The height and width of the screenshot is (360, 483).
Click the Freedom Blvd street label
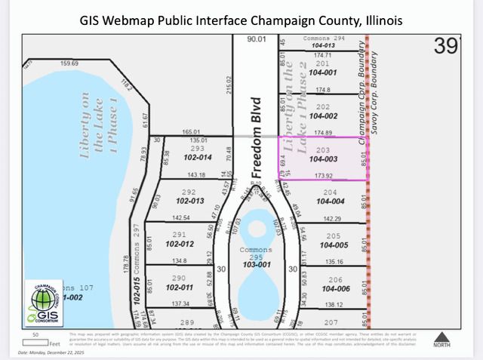(x=255, y=137)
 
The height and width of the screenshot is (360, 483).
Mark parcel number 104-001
(x=323, y=72)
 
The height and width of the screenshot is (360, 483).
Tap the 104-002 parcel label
(x=323, y=116)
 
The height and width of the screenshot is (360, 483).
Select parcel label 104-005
(x=333, y=245)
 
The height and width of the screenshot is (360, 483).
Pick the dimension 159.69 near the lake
(x=70, y=63)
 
